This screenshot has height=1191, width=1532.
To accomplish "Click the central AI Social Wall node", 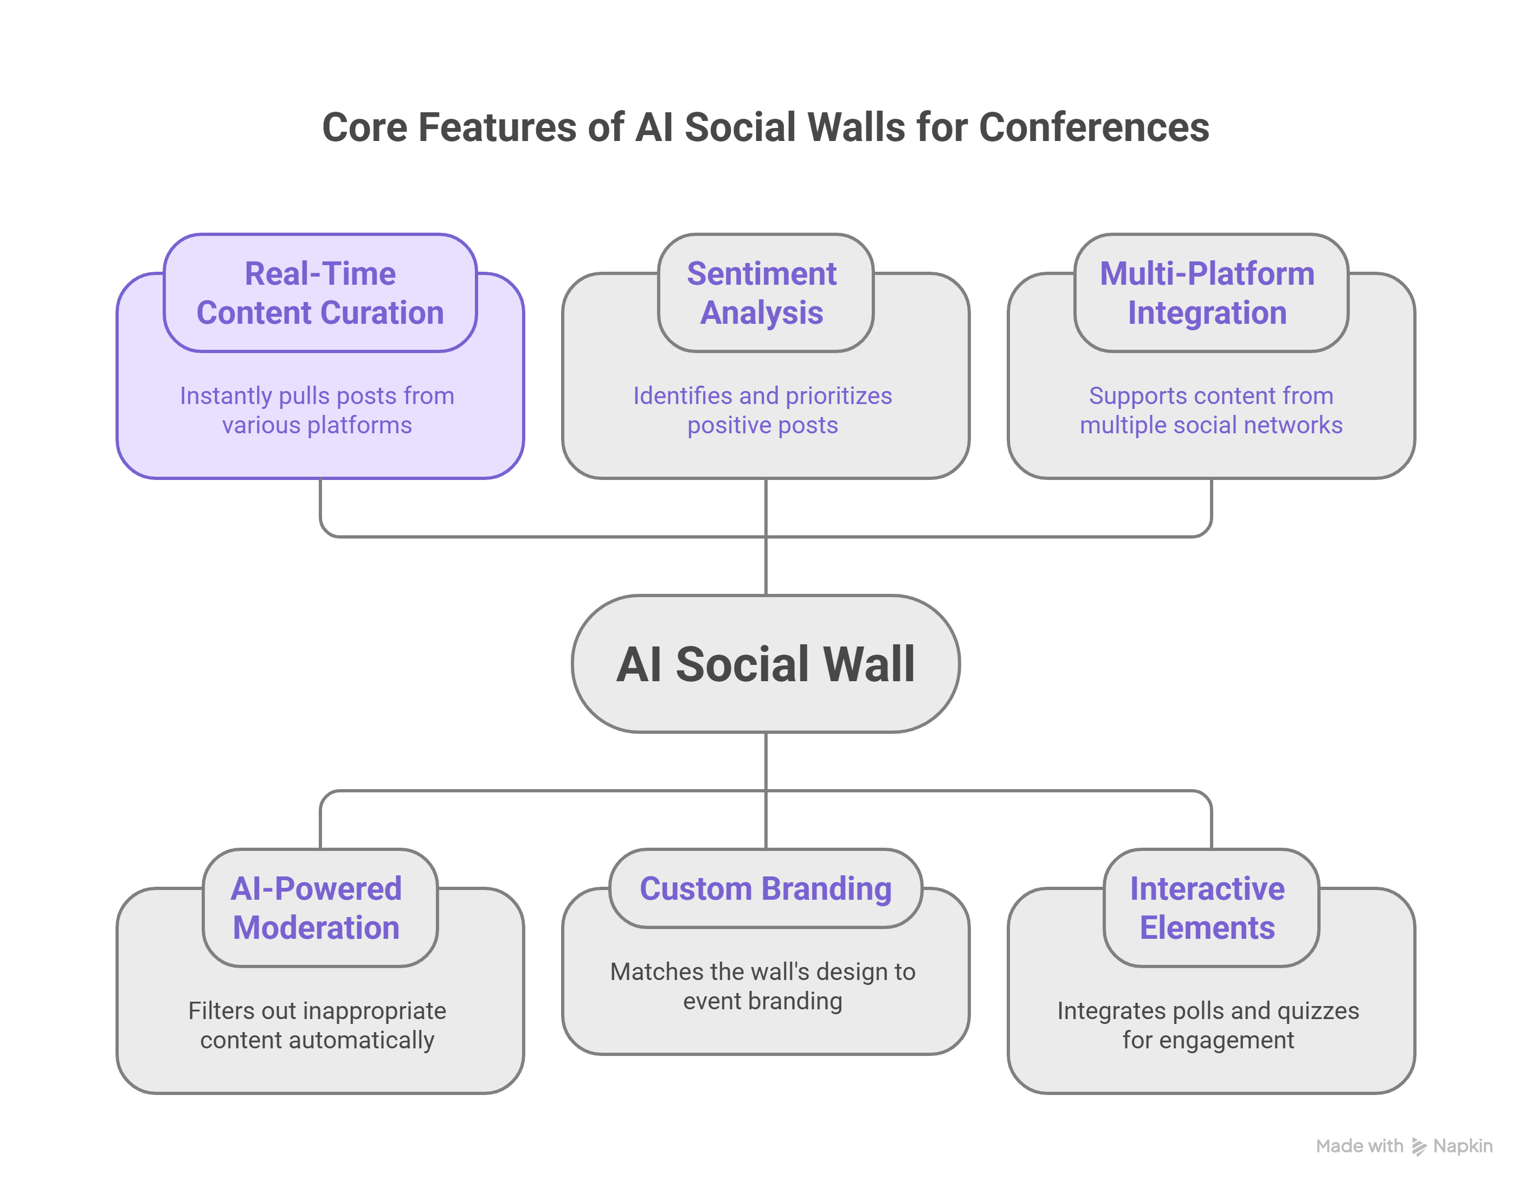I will coord(765,664).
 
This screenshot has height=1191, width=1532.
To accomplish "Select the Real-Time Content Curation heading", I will coord(320,293).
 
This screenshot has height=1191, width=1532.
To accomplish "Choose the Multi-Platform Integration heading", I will coord(1207,293).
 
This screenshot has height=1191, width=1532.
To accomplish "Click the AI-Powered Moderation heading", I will coord(317,907).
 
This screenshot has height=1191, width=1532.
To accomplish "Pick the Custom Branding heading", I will coord(765,888).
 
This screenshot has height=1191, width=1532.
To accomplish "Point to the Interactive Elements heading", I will coord(1207,907).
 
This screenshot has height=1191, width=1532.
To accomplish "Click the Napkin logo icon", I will coord(1418,1147).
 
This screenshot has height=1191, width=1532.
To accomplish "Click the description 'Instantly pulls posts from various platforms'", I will coord(317,411).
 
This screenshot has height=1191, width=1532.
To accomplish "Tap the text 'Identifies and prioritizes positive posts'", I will coord(763,411).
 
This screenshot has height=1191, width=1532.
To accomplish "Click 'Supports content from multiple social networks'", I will coord(1211,411).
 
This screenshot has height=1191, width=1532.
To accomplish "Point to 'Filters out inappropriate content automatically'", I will coord(317,1026).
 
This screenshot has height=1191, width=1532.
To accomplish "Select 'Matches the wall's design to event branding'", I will coord(763,986).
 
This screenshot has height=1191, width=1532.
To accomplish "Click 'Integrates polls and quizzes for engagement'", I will coord(1208,1026).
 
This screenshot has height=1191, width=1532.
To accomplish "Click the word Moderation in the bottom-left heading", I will coord(317,928).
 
